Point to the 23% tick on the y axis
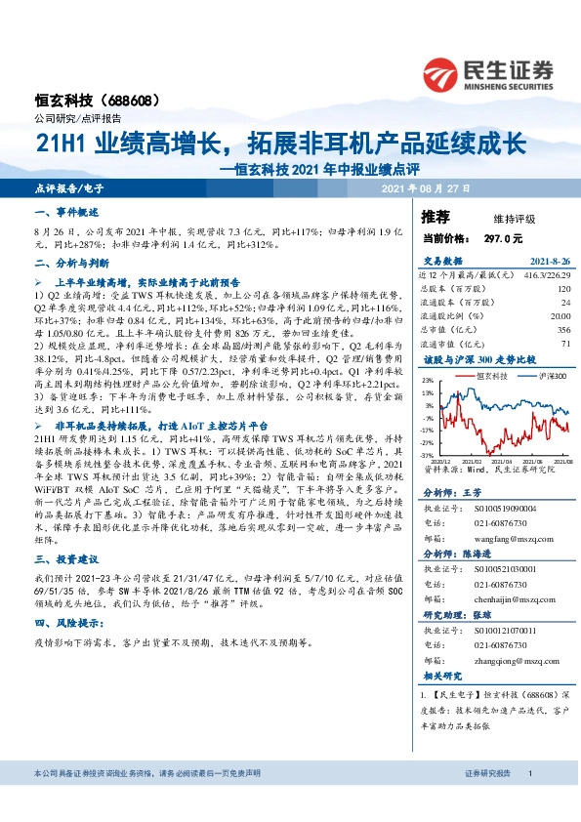[x=427, y=381]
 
